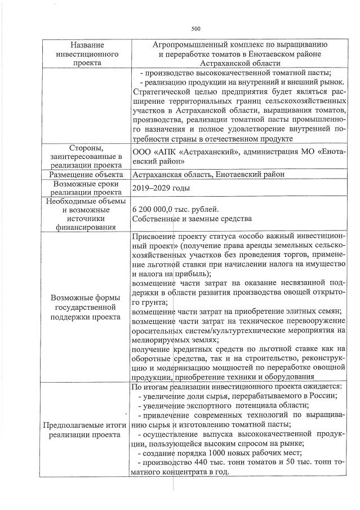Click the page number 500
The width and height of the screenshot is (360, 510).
pyautogui.click(x=196, y=29)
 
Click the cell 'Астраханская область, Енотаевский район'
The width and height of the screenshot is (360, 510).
pyautogui.click(x=208, y=175)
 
